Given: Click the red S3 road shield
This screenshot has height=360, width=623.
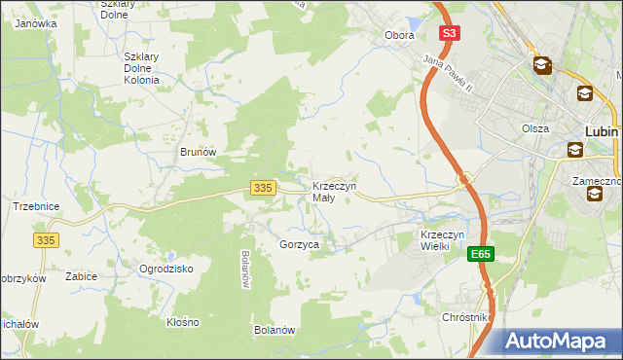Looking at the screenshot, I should (x=448, y=32).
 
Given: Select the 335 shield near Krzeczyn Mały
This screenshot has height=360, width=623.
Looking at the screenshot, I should (x=261, y=187).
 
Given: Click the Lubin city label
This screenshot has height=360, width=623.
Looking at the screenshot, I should (x=604, y=129).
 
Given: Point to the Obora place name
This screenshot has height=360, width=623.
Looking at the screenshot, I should (x=399, y=35).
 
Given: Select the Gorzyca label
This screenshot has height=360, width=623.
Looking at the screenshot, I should (x=300, y=245).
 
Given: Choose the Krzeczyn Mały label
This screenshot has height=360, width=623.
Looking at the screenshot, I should (x=334, y=192).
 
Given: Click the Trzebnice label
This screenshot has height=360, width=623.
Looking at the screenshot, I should (x=37, y=206).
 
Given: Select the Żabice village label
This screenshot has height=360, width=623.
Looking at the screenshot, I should (x=81, y=276).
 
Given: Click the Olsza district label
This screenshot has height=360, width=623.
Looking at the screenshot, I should (x=534, y=128).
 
